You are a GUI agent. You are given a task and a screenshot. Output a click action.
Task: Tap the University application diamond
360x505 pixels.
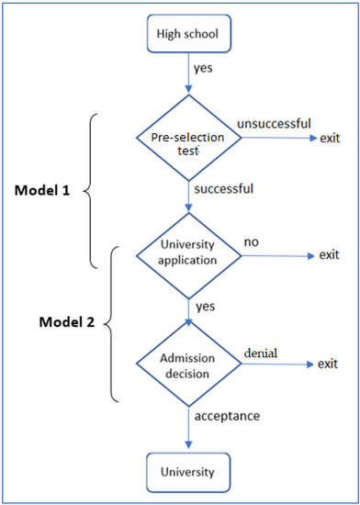(x=188, y=253)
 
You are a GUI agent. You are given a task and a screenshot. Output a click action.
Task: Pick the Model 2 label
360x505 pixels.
(x=46, y=323)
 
